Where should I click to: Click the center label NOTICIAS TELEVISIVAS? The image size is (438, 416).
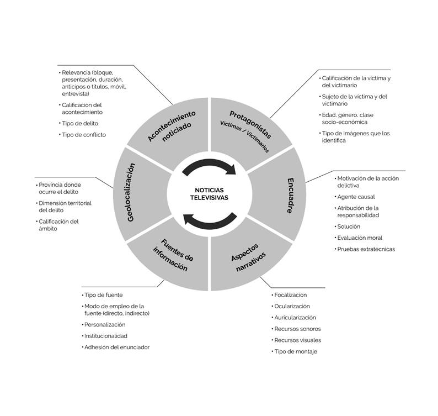(x=209, y=193)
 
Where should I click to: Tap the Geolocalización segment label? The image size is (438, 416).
(x=130, y=192)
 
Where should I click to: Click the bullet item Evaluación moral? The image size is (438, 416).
(x=359, y=238)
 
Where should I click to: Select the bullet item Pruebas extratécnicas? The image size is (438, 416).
(x=366, y=249)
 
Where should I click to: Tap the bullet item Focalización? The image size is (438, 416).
(x=290, y=295)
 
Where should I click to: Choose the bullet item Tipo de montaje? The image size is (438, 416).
(x=295, y=351)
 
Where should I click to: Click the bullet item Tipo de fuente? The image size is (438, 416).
(x=103, y=295)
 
